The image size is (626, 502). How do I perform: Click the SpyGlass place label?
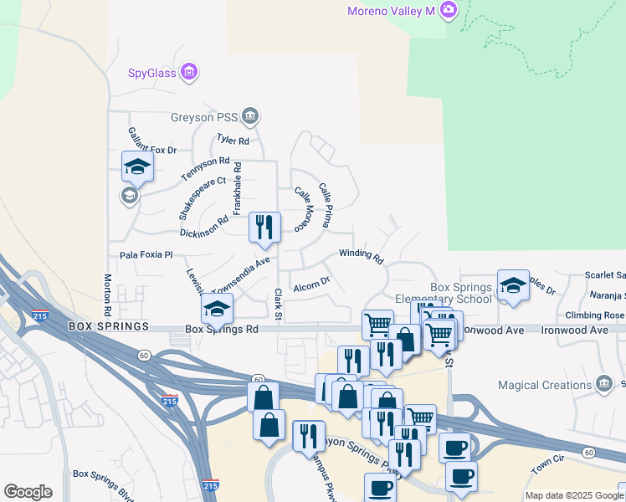pos(151,73)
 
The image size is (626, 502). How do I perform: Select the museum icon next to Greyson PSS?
pos(250,115)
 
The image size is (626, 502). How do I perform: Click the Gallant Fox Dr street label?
pos(151,141)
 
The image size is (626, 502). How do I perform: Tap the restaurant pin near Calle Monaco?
pos(265,226)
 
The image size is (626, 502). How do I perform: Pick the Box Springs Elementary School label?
pos(449,293)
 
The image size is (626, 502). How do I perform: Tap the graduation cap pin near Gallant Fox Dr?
pos(137,166)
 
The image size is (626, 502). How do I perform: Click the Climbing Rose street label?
pos(593,315)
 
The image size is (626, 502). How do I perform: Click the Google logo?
pos(28,492)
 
